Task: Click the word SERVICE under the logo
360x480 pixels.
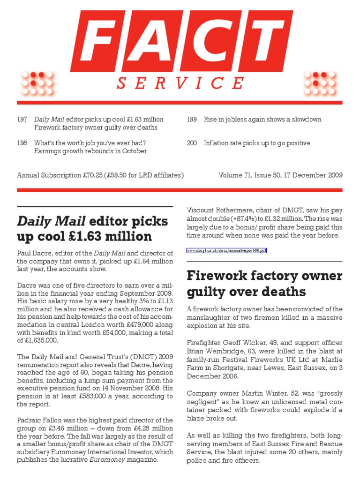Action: click(x=180, y=83)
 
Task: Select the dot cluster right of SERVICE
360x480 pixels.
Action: click(x=321, y=83)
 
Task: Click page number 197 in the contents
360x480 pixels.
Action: click(x=22, y=120)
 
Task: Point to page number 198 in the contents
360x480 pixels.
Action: click(x=22, y=143)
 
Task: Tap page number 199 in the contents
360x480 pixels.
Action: click(x=192, y=120)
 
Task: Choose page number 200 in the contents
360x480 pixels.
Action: click(x=192, y=143)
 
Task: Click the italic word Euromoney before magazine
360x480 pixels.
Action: click(x=103, y=460)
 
